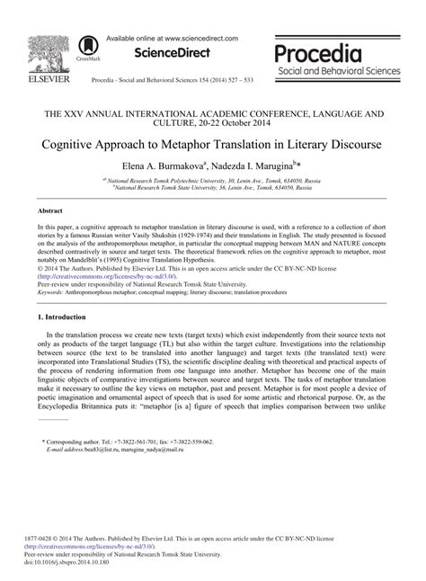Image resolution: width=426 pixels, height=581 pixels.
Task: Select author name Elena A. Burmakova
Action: point(172,165)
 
